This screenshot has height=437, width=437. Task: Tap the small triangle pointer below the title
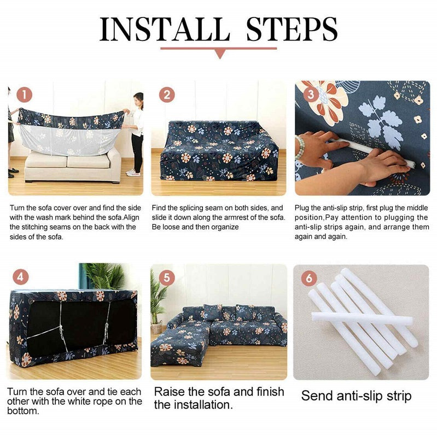click(x=220, y=53)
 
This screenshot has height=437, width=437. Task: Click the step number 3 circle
click(x=311, y=95)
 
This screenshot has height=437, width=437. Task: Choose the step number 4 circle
click(x=21, y=276)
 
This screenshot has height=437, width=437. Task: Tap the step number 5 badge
click(x=166, y=277)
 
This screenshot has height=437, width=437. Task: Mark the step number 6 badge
click(x=309, y=277)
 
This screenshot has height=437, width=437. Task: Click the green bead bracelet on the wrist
click(x=300, y=147)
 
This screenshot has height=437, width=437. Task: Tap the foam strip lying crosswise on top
click(x=361, y=318)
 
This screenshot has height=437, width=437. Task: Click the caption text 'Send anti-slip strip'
click(x=356, y=395)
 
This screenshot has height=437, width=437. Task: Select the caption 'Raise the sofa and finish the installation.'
click(x=218, y=398)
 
